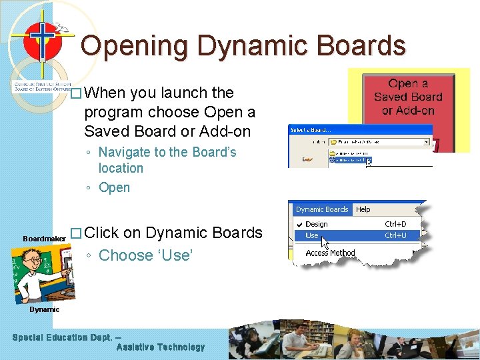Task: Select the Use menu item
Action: [312, 235]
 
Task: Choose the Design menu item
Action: [316, 224]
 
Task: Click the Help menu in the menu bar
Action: [363, 209]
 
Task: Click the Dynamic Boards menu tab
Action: [322, 209]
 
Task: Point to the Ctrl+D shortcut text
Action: [395, 224]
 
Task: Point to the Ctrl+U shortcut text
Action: [395, 235]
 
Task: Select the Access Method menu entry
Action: [330, 253]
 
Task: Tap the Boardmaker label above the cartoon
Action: [44, 239]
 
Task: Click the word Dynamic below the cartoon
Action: [44, 309]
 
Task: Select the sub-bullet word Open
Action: [114, 188]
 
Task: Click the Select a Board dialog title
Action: [310, 129]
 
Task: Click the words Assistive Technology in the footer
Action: [161, 347]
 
